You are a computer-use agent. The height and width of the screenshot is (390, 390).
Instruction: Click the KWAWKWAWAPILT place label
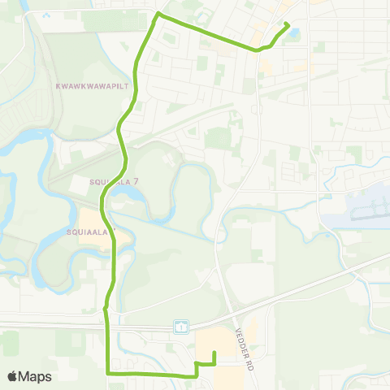coord(93,84)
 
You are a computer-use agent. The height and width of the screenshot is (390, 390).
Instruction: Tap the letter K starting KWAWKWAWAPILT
coord(57,84)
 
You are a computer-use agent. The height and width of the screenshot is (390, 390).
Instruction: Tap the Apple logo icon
coord(13,376)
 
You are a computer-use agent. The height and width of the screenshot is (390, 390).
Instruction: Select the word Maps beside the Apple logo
coord(36,376)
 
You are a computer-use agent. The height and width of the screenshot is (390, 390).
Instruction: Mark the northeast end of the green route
coord(288,26)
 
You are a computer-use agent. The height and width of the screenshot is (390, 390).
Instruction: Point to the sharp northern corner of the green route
coord(158,15)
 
